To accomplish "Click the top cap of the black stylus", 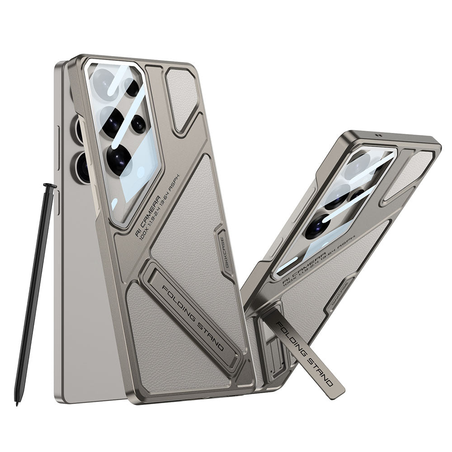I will click(x=50, y=185).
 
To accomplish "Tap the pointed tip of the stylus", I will click(x=17, y=402).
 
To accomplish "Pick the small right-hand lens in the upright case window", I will click(x=138, y=124).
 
